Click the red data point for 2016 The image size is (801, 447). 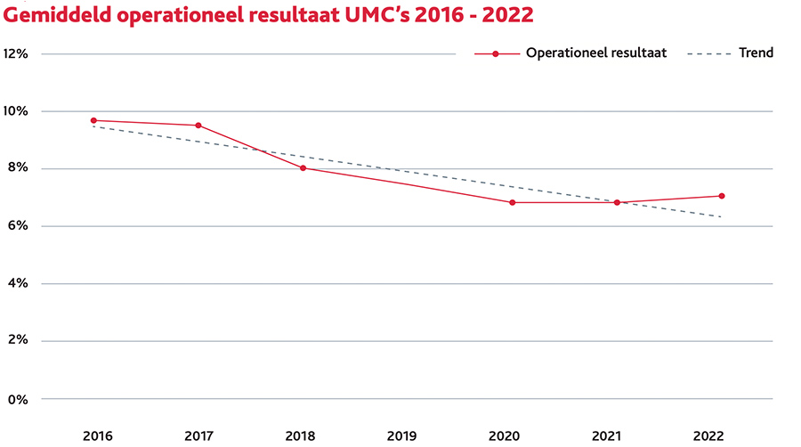coord(93,120)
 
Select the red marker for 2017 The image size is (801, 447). coord(198,126)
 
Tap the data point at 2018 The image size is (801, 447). coord(303,167)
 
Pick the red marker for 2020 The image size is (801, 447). coord(512,202)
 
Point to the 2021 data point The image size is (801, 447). coord(617,202)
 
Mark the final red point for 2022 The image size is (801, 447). coord(721,196)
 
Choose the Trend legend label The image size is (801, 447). coord(756,53)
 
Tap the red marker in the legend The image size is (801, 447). coord(496,53)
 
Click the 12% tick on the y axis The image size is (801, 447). coord(16,53)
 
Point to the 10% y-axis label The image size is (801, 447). coord(16,111)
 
